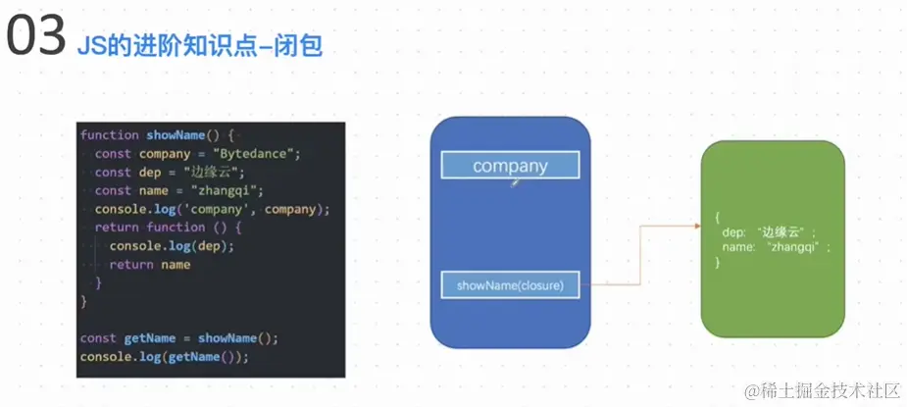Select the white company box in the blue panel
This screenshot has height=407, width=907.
point(510,166)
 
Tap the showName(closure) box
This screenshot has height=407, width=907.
point(510,286)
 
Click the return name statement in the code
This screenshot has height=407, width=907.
point(149,264)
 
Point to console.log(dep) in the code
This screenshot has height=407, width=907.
point(172,245)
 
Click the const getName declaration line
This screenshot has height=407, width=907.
point(179,337)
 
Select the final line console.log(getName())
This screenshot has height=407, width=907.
point(165,356)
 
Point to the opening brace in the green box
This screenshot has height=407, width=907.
point(718,216)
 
